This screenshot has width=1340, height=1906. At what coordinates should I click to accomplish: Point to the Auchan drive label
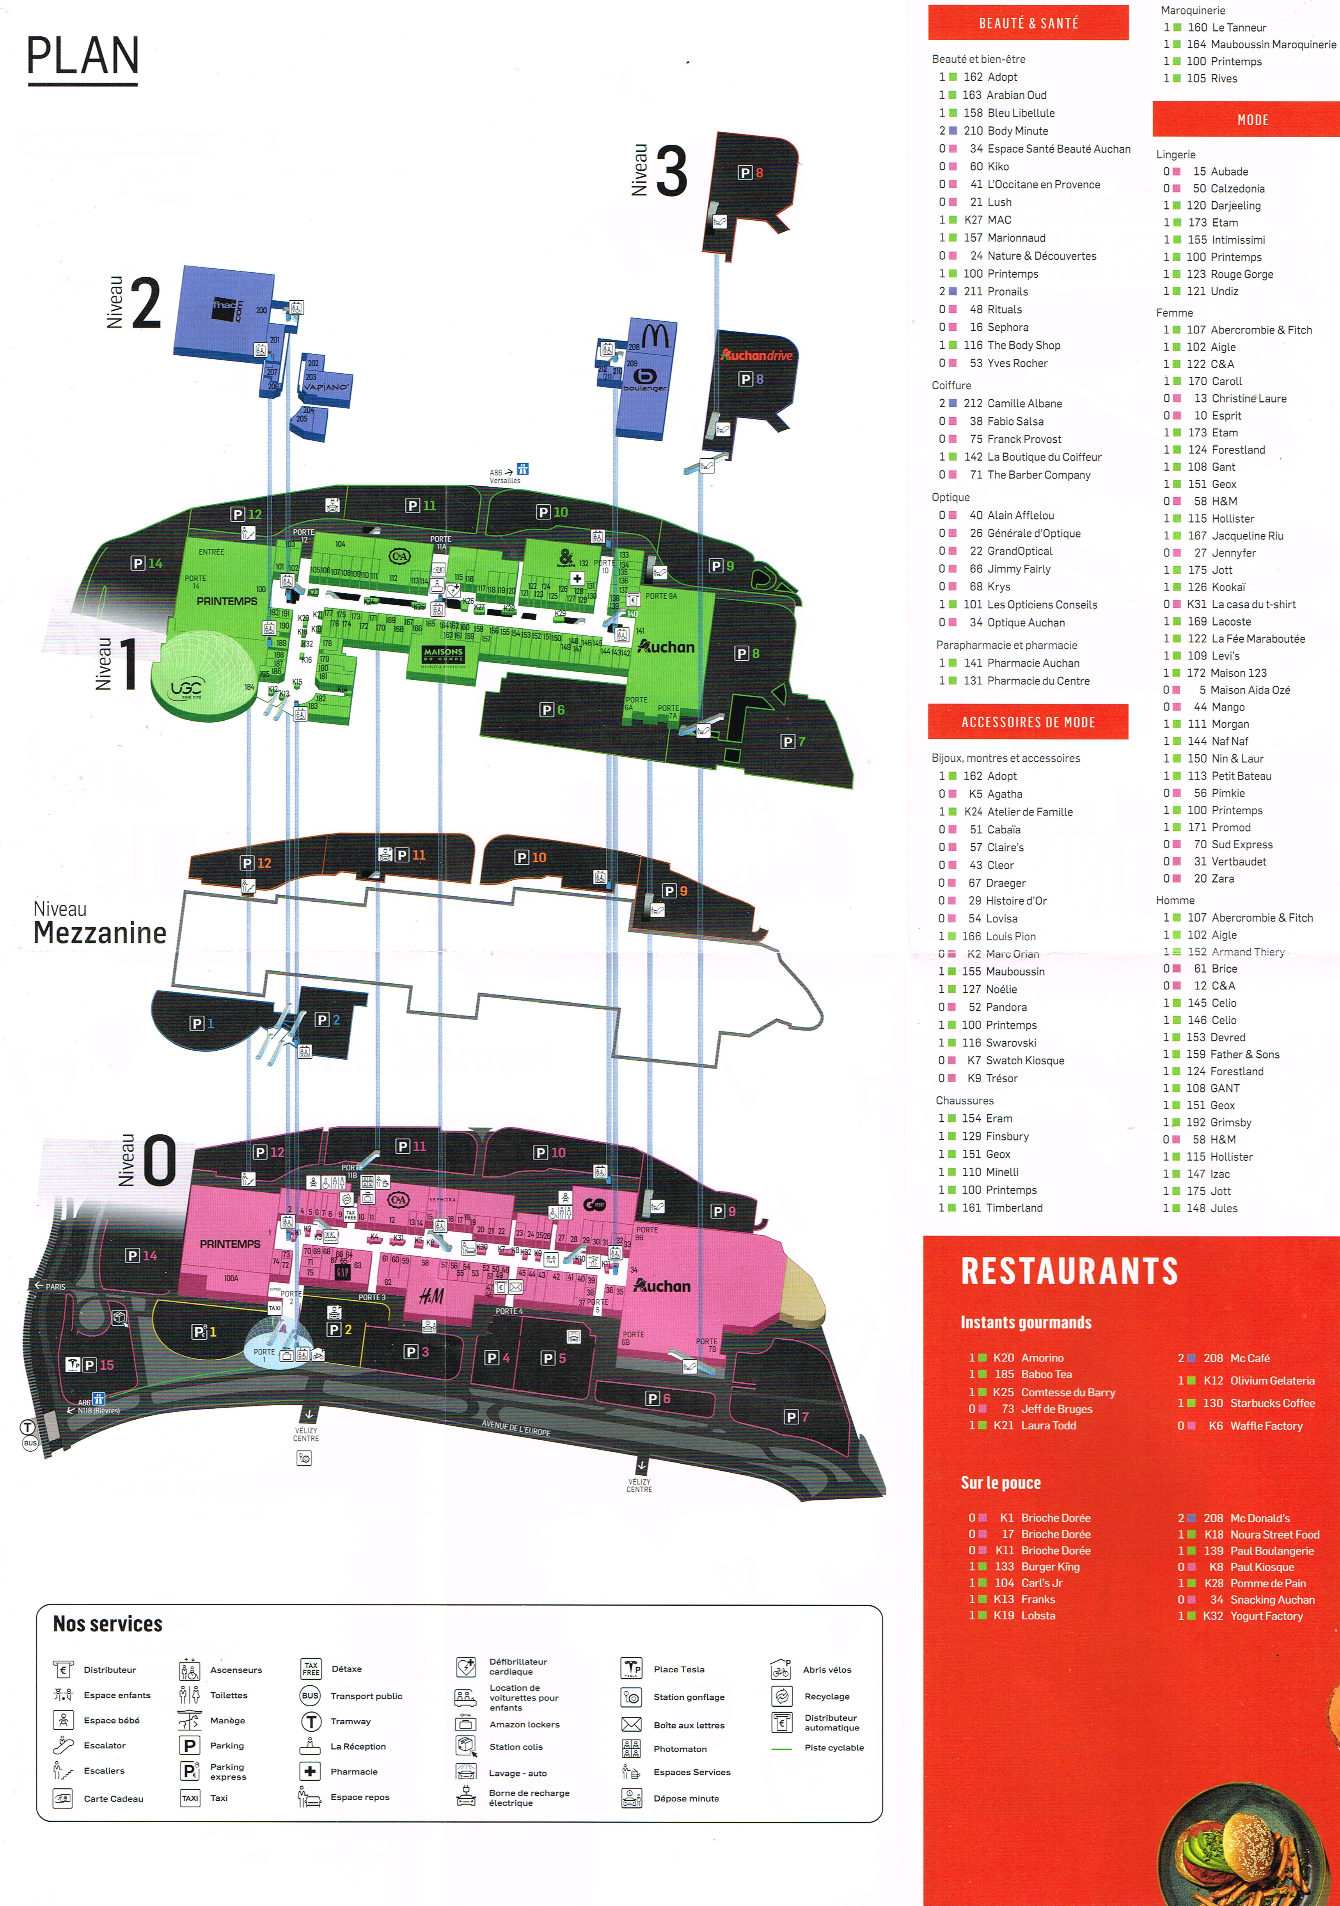(x=757, y=355)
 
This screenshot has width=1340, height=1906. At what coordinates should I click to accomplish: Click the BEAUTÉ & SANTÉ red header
(x=1028, y=23)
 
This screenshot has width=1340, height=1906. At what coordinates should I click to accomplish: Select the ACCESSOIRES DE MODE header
(x=1028, y=722)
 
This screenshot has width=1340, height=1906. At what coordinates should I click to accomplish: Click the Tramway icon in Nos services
(x=311, y=1721)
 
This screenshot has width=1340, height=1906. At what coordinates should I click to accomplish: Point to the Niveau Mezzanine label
(x=99, y=923)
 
